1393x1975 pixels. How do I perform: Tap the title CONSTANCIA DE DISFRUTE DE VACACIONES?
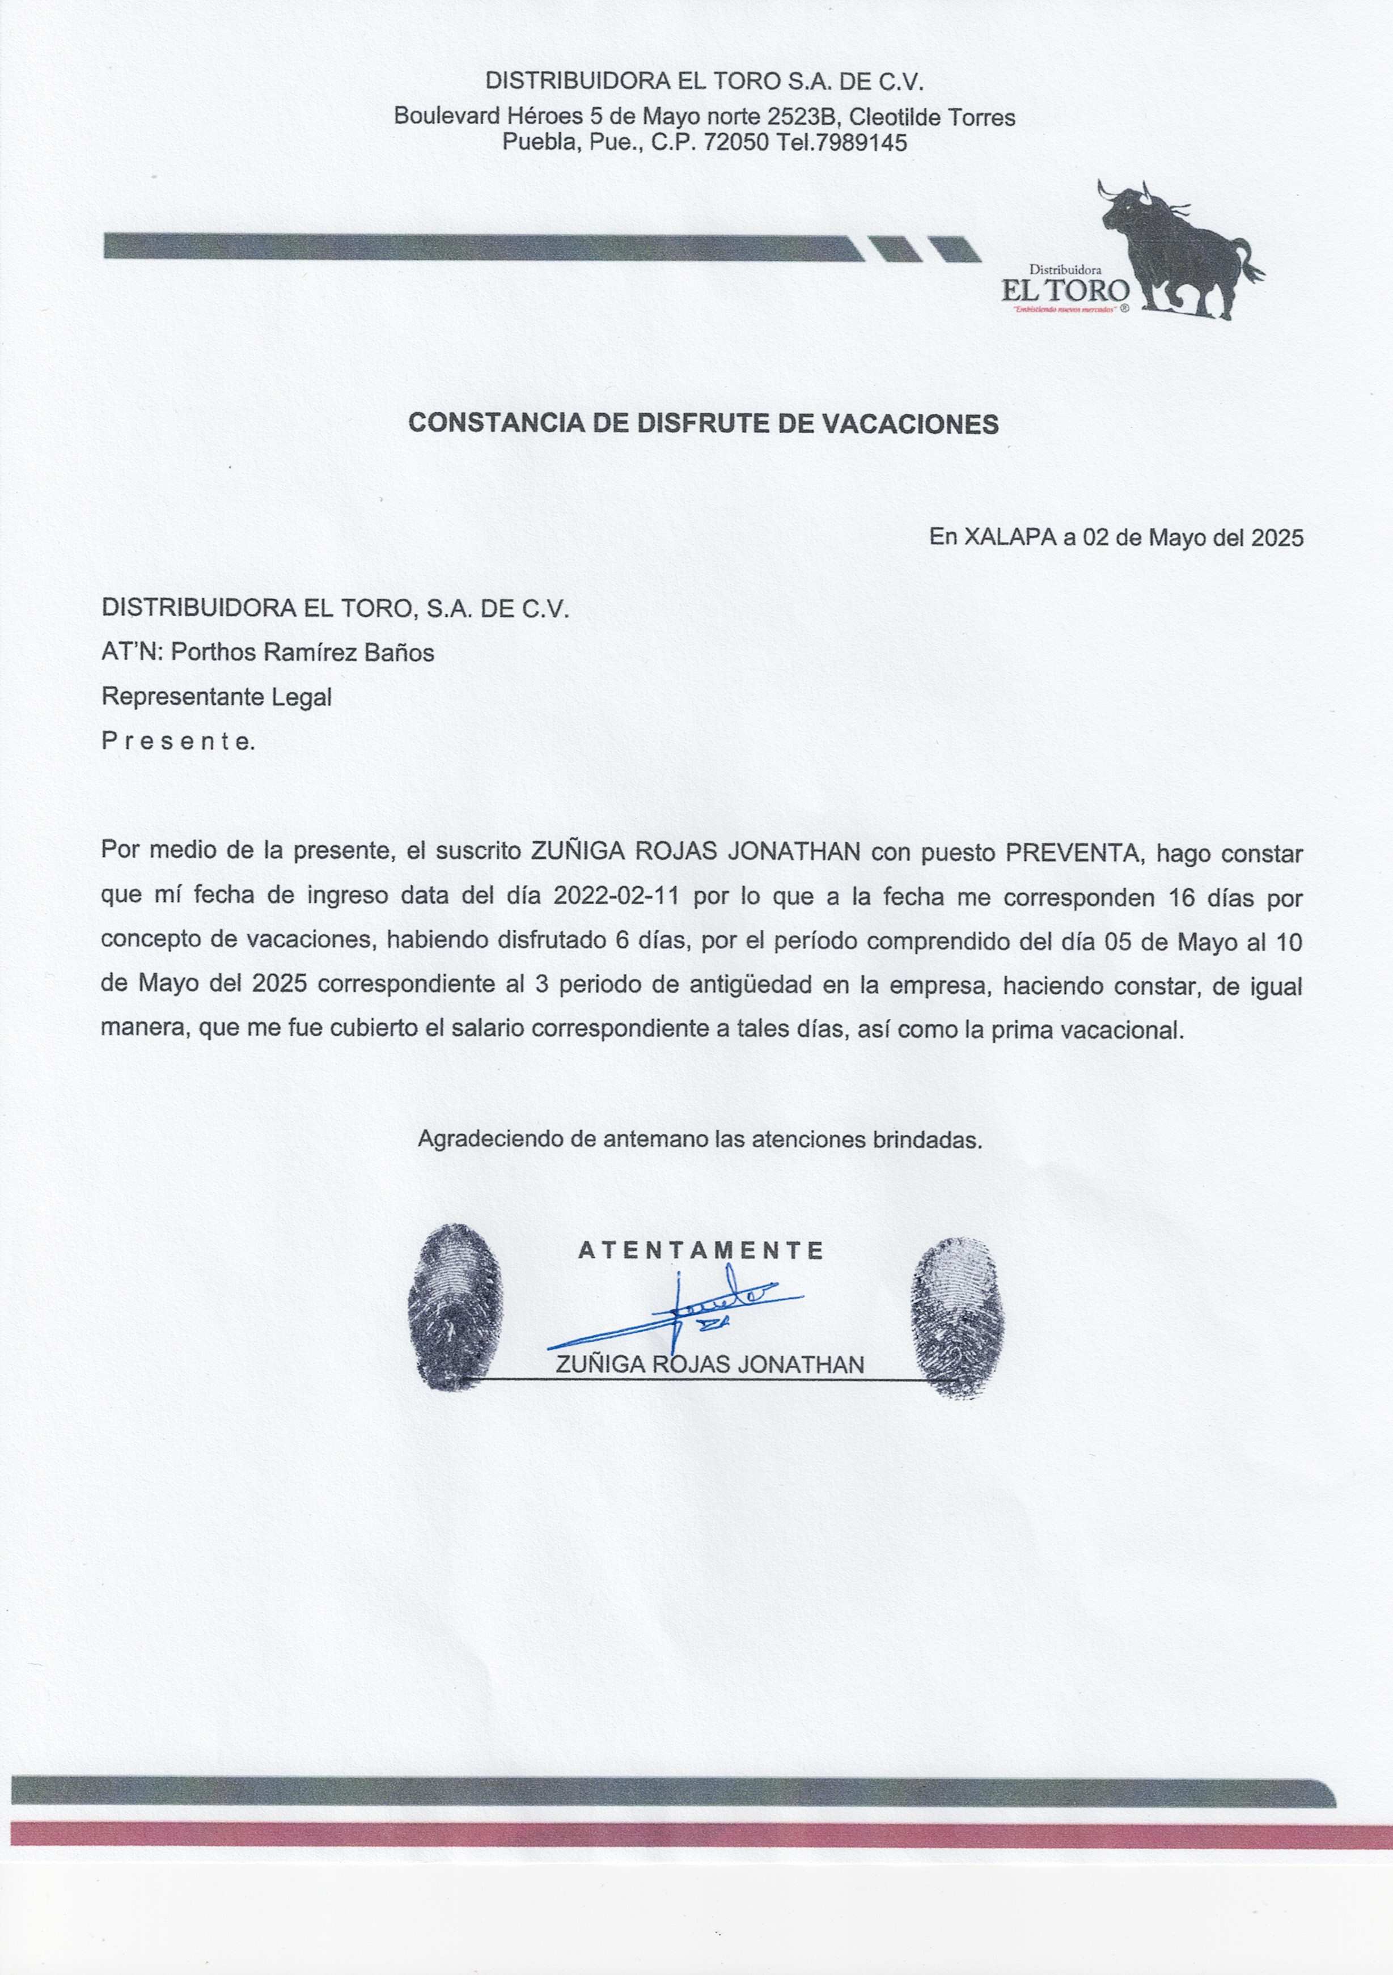coord(703,423)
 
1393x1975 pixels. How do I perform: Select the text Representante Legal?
coord(216,696)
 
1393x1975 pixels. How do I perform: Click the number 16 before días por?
coord(1182,897)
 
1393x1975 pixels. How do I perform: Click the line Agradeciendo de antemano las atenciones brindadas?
coord(700,1140)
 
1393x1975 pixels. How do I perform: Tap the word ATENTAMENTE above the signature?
coord(701,1250)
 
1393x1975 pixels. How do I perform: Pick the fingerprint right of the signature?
coord(957,1316)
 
